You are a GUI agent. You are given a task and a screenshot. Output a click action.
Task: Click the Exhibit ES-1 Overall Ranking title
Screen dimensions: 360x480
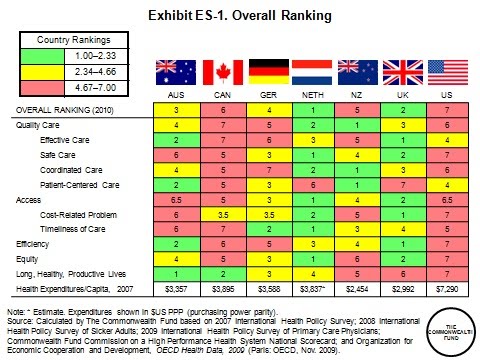pos(240,17)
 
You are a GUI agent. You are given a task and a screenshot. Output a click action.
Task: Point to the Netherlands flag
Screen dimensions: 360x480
pos(309,71)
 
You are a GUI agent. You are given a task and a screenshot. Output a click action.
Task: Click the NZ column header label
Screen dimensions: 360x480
pos(354,96)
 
